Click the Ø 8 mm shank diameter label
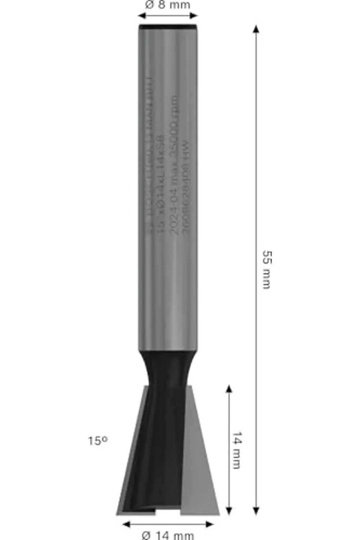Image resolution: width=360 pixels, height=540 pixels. tap(167, 5)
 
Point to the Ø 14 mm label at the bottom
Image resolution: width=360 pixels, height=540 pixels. tap(168, 535)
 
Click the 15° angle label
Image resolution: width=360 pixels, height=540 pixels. tap(98, 440)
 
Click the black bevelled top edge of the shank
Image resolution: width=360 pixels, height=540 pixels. tap(168, 26)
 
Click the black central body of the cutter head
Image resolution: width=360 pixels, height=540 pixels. tap(158, 450)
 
